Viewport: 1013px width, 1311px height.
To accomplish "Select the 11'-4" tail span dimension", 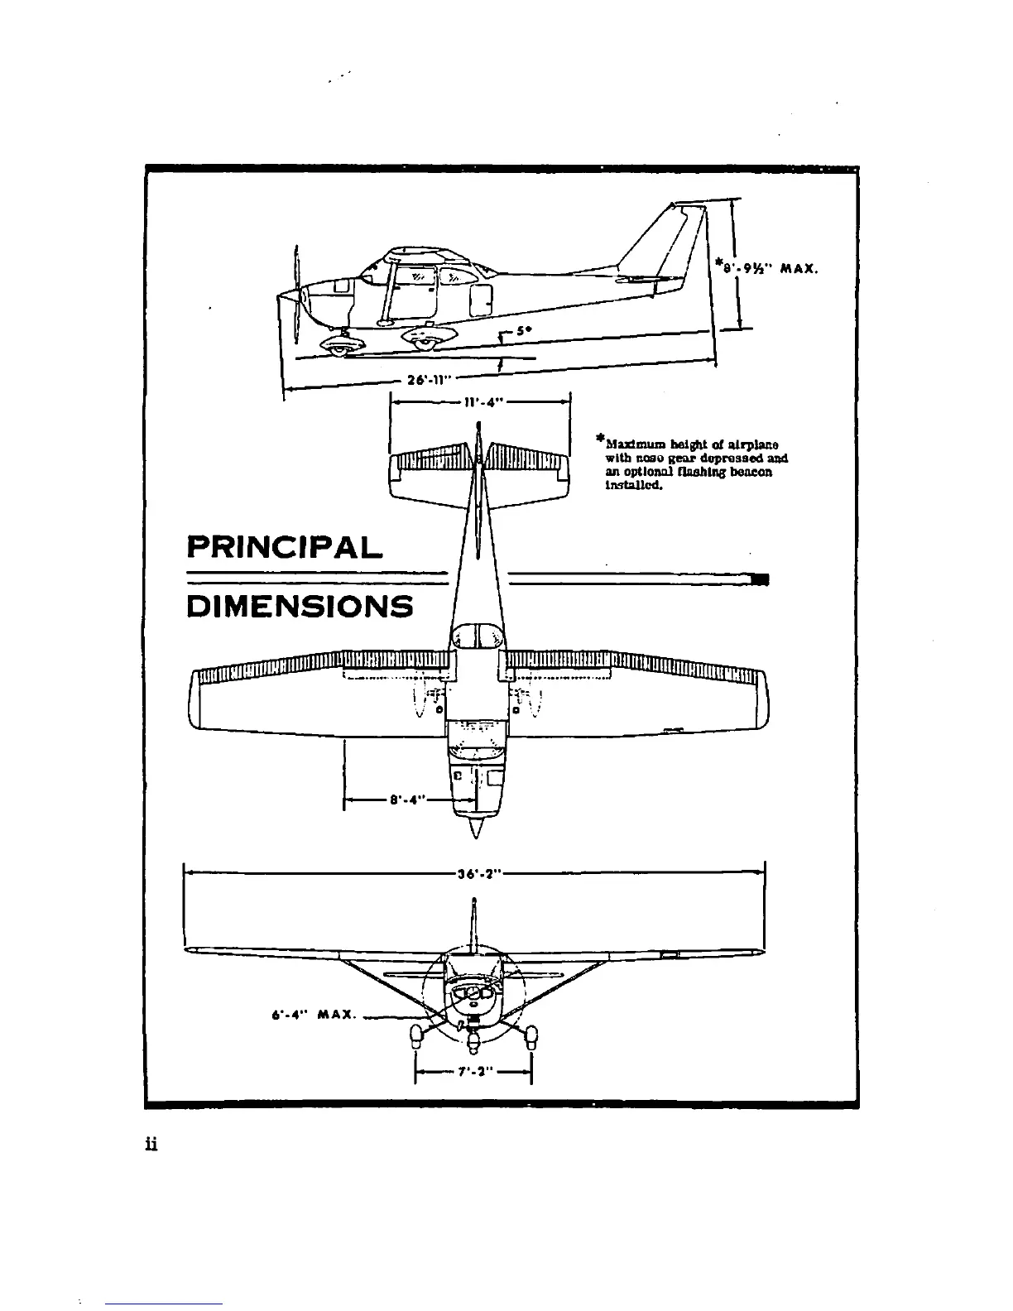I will [x=481, y=403].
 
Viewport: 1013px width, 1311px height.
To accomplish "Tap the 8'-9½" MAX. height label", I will [x=768, y=267].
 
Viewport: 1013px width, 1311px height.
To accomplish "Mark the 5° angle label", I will [x=522, y=329].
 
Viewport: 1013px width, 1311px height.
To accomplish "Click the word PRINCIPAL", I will [x=285, y=548].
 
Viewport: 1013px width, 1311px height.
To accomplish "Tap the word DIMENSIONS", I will [x=300, y=607].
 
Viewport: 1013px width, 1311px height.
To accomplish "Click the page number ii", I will [x=151, y=1145].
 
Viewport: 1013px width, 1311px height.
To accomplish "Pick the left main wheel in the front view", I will [x=415, y=1035].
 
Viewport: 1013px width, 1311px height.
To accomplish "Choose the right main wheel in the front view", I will [x=531, y=1035].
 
